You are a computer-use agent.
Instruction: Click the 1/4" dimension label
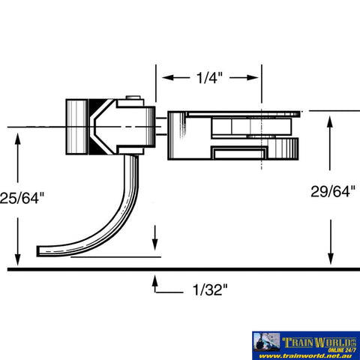pos(208,77)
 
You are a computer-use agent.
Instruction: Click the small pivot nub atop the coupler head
pos(132,97)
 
